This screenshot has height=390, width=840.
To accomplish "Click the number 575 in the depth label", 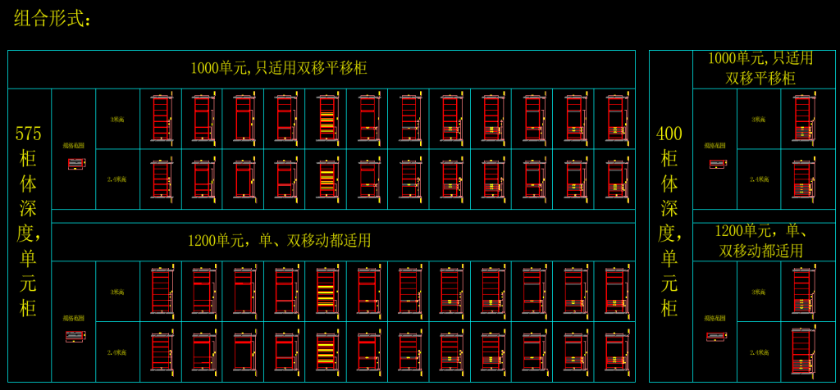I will [29, 134].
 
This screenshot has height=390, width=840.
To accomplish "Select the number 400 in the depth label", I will [670, 134].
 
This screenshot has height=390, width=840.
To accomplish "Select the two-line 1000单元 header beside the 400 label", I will [760, 68].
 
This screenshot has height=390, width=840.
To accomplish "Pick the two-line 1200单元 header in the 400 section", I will [760, 240].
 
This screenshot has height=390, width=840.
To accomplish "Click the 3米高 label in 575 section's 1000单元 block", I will [117, 119].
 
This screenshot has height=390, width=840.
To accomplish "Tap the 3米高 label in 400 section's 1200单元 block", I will [759, 292].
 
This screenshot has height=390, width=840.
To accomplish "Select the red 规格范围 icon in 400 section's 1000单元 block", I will [717, 164].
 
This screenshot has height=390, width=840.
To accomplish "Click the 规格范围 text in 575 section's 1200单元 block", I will [73, 318].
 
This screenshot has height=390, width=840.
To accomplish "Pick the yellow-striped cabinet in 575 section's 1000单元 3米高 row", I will [326, 119].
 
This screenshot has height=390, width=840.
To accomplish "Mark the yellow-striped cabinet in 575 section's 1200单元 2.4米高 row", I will [326, 352].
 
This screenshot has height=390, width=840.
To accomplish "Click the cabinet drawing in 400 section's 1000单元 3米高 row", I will [803, 119].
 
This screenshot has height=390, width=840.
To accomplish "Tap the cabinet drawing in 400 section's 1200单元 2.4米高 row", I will [803, 352].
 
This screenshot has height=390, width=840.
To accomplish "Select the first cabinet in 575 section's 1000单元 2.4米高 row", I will [161, 179].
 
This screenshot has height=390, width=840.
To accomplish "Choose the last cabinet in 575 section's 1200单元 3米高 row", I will [615, 292].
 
